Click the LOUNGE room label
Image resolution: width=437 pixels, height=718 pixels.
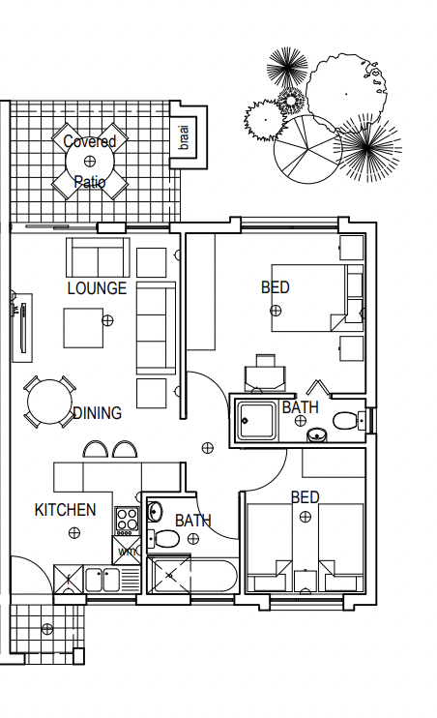click(x=97, y=288)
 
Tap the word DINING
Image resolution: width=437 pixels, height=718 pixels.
click(x=98, y=413)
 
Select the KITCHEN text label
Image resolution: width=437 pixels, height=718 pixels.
click(x=66, y=510)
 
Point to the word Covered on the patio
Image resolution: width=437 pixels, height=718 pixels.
click(x=90, y=141)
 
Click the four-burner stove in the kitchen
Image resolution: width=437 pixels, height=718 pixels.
click(x=127, y=521)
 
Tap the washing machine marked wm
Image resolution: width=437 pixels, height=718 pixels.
click(x=127, y=550)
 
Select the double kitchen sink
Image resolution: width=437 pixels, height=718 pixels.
click(x=102, y=580)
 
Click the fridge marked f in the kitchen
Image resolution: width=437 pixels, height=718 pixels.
click(x=69, y=580)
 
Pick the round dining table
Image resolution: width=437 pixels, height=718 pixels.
click(x=49, y=402)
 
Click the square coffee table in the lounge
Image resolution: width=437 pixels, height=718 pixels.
click(x=83, y=328)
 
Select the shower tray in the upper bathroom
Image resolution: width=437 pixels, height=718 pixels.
click(x=256, y=421)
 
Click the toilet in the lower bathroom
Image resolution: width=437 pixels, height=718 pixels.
click(x=163, y=538)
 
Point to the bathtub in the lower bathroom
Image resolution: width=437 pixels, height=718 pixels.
click(x=192, y=575)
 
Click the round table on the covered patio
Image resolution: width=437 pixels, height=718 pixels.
click(x=90, y=161)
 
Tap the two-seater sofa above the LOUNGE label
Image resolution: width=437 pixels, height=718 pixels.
click(x=98, y=256)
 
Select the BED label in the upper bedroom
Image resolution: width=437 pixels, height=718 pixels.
click(x=276, y=287)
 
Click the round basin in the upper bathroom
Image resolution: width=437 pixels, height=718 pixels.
click(x=317, y=434)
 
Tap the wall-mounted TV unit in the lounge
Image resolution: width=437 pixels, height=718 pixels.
click(x=22, y=327)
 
